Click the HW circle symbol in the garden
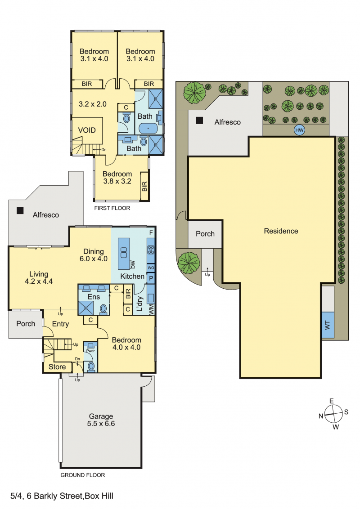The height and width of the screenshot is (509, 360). click(x=299, y=130)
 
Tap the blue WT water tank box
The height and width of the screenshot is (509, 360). click(x=328, y=325)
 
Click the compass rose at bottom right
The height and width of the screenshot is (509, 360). click(x=334, y=414)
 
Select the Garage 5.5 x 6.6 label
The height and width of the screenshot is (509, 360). click(x=101, y=420)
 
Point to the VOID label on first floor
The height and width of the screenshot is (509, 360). click(x=87, y=130)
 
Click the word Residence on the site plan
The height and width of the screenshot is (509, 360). click(x=281, y=231)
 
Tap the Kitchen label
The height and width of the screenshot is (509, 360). click(x=132, y=276)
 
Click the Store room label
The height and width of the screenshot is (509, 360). click(x=57, y=367)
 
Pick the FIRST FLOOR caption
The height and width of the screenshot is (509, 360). click(x=112, y=208)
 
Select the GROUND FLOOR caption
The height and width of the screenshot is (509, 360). click(x=82, y=475)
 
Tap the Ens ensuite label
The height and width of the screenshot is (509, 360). click(x=94, y=297)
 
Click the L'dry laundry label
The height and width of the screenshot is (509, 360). click(x=139, y=304)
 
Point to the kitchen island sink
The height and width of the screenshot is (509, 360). click(x=124, y=252)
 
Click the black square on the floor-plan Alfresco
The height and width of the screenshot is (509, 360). click(x=20, y=210)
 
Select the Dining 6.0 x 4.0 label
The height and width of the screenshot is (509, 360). click(x=94, y=255)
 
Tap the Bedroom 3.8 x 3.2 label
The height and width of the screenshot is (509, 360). click(x=117, y=178)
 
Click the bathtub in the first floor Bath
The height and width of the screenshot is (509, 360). click(x=148, y=129)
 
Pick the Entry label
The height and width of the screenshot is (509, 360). click(x=60, y=324)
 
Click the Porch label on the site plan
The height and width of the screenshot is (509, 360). click(x=205, y=234)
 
